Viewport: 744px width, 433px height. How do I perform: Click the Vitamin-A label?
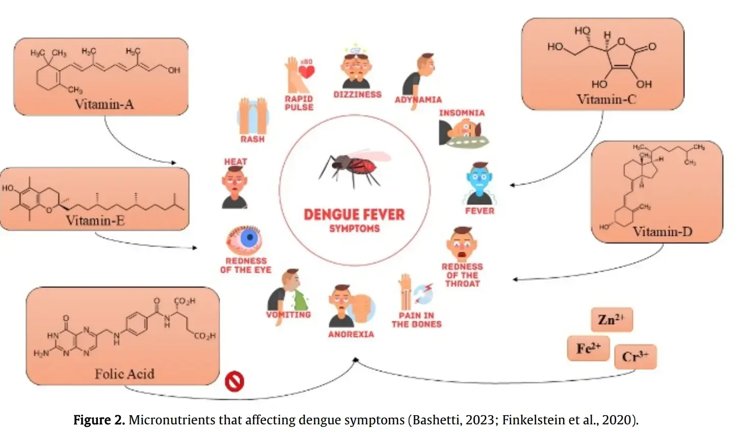pyautogui.click(x=104, y=104)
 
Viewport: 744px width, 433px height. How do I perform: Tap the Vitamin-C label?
pyautogui.click(x=606, y=99)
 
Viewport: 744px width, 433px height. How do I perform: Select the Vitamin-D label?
pyautogui.click(x=662, y=232)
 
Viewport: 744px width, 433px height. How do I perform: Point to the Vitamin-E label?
pyautogui.click(x=95, y=221)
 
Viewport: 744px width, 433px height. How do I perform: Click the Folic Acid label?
pyautogui.click(x=124, y=374)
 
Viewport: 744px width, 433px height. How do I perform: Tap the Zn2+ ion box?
pyautogui.click(x=611, y=320)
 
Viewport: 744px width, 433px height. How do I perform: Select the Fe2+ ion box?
pyautogui.click(x=589, y=348)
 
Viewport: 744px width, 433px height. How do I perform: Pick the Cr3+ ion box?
pyautogui.click(x=635, y=357)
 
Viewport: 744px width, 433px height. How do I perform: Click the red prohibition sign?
pyautogui.click(x=234, y=381)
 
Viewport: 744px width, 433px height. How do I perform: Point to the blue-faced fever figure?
pyautogui.click(x=479, y=183)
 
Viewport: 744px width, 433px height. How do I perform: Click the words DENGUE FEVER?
pyautogui.click(x=354, y=214)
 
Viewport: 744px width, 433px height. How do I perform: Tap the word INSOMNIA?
pyautogui.click(x=462, y=113)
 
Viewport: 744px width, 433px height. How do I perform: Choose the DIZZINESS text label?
pyautogui.click(x=357, y=95)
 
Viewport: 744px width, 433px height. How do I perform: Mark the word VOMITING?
pyautogui.click(x=288, y=315)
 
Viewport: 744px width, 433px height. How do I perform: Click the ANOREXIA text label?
pyautogui.click(x=351, y=334)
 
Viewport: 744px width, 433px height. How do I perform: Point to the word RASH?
pyautogui.click(x=252, y=139)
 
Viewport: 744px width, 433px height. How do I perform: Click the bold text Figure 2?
pyautogui.click(x=99, y=420)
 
